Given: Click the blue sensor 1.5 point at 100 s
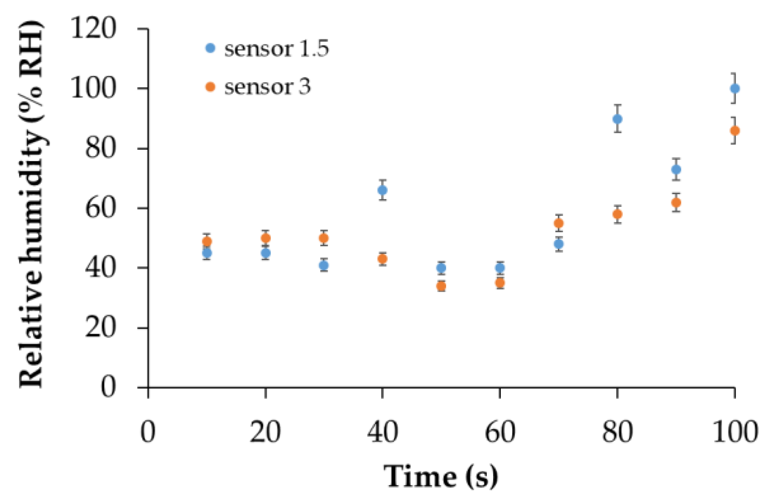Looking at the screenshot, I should tap(735, 88).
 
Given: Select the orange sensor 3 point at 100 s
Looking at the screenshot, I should tap(735, 131).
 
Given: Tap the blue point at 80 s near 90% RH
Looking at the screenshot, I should tap(618, 119).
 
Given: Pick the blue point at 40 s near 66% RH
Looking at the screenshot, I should tap(382, 190).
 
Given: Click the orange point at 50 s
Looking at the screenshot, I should tap(441, 286).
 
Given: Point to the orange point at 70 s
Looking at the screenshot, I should tap(559, 223).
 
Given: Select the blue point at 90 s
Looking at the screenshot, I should tap(676, 170).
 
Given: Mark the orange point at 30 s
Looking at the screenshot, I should tap(324, 238).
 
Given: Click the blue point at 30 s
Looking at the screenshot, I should tap(324, 266).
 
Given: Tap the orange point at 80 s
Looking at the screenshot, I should tap(618, 214).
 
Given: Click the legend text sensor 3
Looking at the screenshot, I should tap(267, 87).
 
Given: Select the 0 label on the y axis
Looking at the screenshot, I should tap(108, 387).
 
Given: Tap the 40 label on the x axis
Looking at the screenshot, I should tap(382, 432).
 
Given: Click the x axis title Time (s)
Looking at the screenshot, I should tap(441, 476).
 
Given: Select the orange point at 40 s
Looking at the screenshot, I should tap(382, 258).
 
